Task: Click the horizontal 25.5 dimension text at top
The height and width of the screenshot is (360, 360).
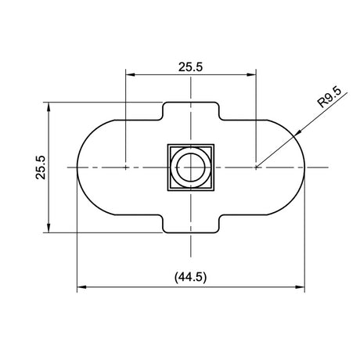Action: [x=190, y=67]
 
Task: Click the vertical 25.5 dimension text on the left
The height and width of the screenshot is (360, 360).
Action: [x=41, y=167]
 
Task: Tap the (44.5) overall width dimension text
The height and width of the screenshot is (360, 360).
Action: [x=190, y=277]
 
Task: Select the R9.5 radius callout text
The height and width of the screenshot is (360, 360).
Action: [x=329, y=98]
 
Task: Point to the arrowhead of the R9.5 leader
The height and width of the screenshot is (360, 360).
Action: [x=297, y=132]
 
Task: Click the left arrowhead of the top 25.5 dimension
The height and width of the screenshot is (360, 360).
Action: [x=130, y=74]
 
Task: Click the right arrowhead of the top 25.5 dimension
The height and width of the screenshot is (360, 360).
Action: [x=251, y=74]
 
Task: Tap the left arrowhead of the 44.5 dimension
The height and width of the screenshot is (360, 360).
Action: [x=81, y=287]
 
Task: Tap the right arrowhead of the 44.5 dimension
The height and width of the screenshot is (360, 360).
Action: [x=300, y=287]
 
